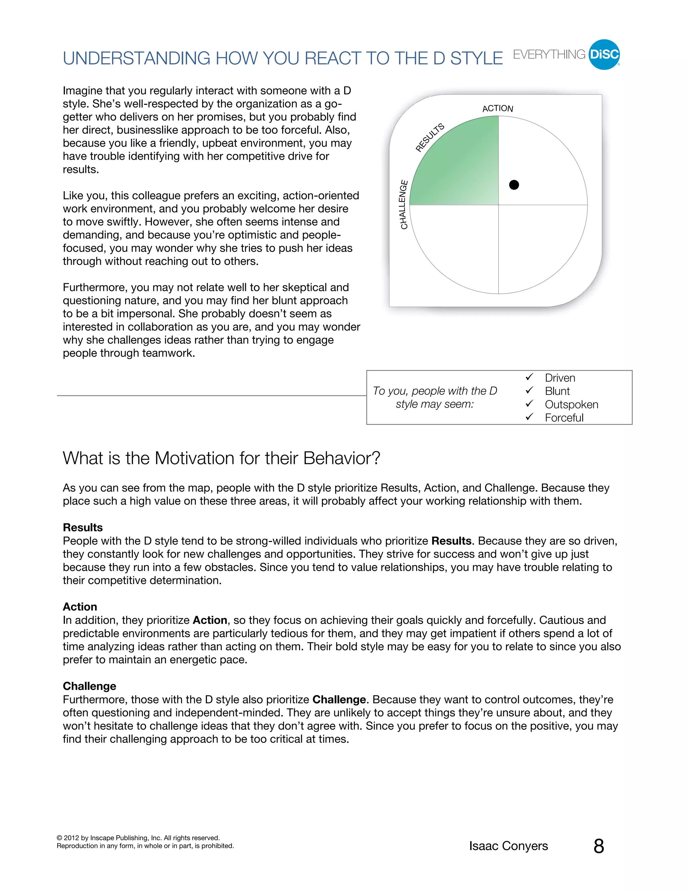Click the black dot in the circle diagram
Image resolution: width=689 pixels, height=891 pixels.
coord(514,185)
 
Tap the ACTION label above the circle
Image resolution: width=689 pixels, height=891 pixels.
coord(498,109)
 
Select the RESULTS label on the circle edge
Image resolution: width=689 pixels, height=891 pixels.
coord(430,138)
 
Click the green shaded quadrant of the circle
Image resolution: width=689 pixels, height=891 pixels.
coord(457,167)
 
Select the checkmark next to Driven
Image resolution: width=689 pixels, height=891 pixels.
coord(530,377)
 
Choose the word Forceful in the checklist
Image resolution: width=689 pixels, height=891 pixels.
coord(564,418)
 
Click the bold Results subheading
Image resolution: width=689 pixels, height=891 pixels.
coord(83,528)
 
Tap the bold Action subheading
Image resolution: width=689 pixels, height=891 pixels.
coord(80,607)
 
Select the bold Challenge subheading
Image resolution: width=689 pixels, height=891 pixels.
coord(89,686)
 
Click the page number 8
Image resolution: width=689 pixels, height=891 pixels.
coord(599,847)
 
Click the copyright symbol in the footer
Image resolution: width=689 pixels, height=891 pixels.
coord(60,838)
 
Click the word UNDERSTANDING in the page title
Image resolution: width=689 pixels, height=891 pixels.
coord(136,59)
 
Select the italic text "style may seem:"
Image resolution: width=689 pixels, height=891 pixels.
coord(435,404)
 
